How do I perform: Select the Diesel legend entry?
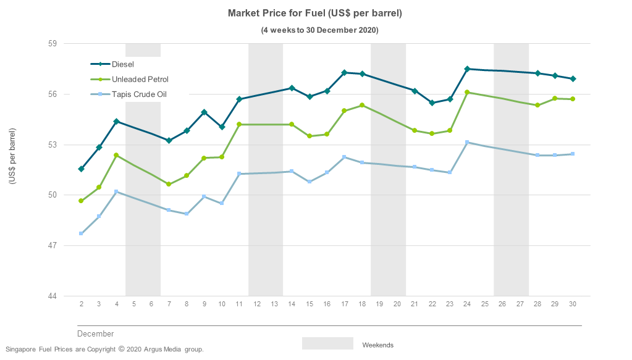[122, 64]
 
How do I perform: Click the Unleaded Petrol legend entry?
[140, 80]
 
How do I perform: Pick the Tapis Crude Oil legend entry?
[139, 94]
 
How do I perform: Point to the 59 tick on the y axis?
[52, 44]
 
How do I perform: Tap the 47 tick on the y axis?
[52, 246]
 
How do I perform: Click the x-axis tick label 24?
[468, 304]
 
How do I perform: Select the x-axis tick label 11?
[239, 304]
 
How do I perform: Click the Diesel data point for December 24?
[468, 69]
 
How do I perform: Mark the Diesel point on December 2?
[82, 169]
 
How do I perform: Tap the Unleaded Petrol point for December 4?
[116, 155]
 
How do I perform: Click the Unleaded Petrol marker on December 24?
[468, 93]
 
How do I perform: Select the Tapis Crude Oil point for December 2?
[82, 233]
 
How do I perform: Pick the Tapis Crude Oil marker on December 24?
[468, 143]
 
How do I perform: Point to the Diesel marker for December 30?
[573, 78]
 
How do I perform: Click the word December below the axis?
[95, 334]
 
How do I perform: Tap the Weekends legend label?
[377, 345]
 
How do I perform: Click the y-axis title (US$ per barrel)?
[12, 156]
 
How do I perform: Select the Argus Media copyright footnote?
[104, 350]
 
